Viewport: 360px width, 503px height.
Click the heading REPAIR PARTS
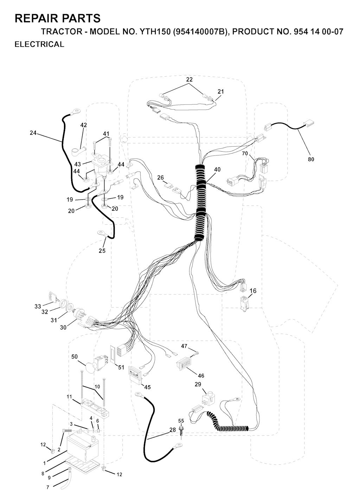click(57, 18)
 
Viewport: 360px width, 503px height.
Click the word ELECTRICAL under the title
click(39, 44)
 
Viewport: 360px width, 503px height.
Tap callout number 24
click(33, 133)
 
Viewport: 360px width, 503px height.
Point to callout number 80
click(311, 159)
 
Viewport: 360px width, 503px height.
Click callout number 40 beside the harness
click(217, 170)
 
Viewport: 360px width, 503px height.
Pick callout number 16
click(253, 291)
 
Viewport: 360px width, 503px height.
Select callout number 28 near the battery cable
click(173, 430)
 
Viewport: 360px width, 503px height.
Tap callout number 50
click(75, 357)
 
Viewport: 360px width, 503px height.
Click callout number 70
click(245, 153)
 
